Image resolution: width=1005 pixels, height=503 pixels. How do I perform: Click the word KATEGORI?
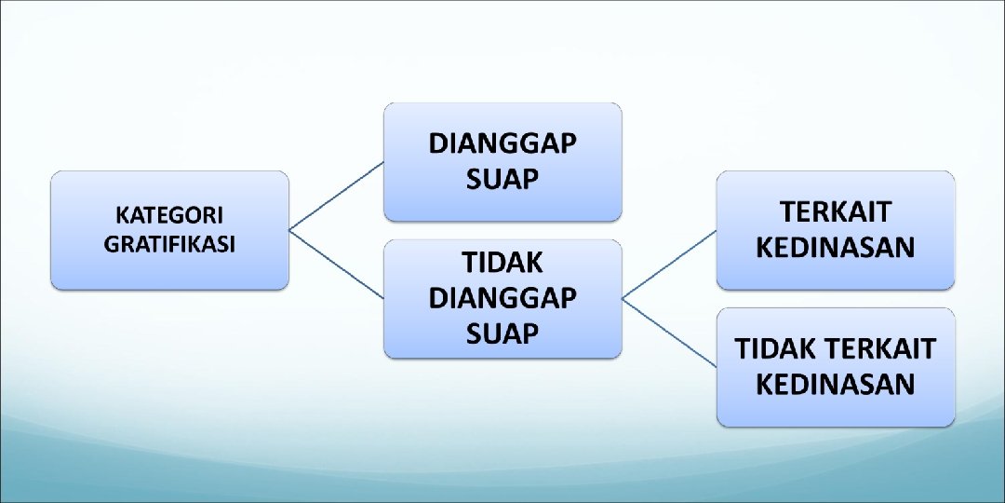pyautogui.click(x=169, y=215)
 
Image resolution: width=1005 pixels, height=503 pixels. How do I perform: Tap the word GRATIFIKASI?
pyautogui.click(x=169, y=245)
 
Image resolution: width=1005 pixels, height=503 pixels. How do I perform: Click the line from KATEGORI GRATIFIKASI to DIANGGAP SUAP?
pyautogui.click(x=337, y=195)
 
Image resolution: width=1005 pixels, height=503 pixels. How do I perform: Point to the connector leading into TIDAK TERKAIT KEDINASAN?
pyautogui.click(x=670, y=333)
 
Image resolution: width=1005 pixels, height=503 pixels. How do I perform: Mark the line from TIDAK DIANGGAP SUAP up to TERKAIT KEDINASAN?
pyautogui.click(x=670, y=264)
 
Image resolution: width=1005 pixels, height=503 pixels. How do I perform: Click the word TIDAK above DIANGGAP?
pyautogui.click(x=502, y=264)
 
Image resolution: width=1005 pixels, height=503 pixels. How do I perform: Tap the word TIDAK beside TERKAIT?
pyautogui.click(x=774, y=349)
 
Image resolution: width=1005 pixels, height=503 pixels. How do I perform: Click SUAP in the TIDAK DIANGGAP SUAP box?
pyautogui.click(x=502, y=333)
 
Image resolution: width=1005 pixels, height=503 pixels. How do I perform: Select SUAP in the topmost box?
pyautogui.click(x=502, y=178)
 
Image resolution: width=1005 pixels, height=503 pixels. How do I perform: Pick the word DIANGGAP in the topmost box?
pyautogui.click(x=502, y=145)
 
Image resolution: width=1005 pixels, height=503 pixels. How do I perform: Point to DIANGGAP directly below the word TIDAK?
pyautogui.click(x=502, y=298)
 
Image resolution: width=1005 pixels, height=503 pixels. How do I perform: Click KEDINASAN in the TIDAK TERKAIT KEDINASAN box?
pyautogui.click(x=835, y=384)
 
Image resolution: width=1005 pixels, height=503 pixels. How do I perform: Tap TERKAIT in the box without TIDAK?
pyautogui.click(x=835, y=212)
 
